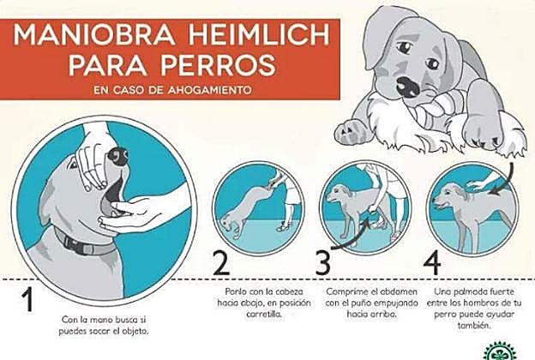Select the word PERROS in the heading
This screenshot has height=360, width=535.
point(219,65)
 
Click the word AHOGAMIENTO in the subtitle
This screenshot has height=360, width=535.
point(209,90)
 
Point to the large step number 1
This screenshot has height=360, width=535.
point(27,300)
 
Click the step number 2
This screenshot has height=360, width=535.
point(222,262)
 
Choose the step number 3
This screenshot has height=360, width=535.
point(322,262)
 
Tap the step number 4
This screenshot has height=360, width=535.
point(432,262)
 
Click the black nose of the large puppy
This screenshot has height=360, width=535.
point(408,87)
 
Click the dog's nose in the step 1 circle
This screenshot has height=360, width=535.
point(118,156)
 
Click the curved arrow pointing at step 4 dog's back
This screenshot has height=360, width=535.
point(505,181)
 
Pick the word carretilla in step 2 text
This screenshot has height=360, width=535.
point(264,315)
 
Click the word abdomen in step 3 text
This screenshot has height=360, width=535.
point(399,292)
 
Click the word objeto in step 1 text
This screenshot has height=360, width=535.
point(135,332)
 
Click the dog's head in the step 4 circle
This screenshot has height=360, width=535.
point(447,197)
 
